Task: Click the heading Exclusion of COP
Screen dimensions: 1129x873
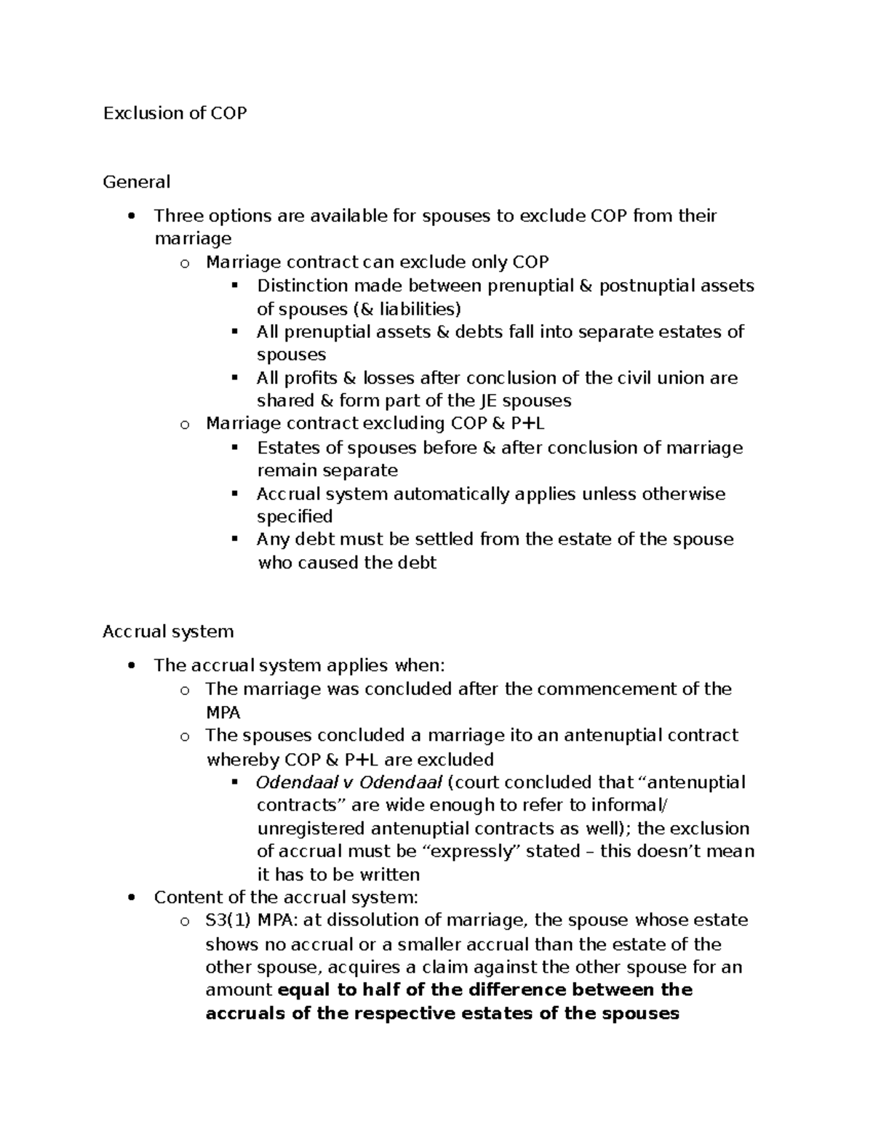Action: (x=175, y=113)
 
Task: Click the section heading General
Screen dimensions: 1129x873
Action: (x=136, y=182)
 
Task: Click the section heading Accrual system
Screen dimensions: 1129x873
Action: (x=168, y=631)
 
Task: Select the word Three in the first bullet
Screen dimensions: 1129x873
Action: (x=178, y=216)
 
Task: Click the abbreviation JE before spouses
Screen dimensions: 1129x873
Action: (x=488, y=401)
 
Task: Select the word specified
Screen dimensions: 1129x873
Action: (x=295, y=517)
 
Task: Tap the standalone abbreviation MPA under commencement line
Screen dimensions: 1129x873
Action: (x=223, y=712)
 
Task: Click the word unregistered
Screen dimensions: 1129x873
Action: (x=311, y=829)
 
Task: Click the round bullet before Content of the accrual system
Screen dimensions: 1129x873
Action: (x=131, y=898)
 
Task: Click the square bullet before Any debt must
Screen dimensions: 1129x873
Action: (x=234, y=539)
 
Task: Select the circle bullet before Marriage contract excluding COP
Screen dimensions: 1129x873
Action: (x=185, y=425)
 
